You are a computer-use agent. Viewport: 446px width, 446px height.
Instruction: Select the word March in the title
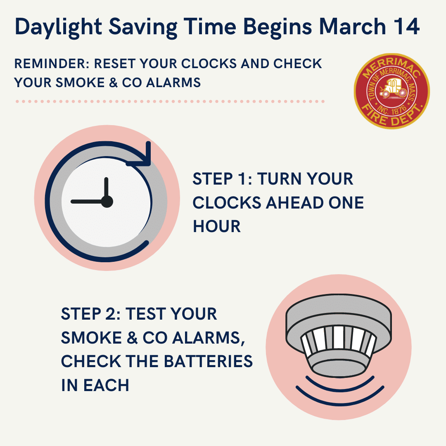coord(352,26)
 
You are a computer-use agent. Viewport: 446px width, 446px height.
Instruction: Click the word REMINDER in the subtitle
coord(52,64)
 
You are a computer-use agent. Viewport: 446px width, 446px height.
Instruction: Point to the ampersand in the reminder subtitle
coord(113,83)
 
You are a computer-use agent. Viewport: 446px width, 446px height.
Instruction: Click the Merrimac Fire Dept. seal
coord(391,91)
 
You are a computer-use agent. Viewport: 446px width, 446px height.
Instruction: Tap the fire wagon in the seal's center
coord(394,88)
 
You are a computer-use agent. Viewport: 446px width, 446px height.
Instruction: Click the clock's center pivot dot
coord(107,202)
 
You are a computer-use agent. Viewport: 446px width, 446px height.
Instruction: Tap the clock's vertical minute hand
coord(107,189)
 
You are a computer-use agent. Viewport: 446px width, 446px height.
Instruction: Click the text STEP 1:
coord(222,179)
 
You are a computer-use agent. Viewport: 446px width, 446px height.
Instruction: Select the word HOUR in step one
coord(217,226)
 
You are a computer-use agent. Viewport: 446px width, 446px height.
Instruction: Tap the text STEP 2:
coord(91,314)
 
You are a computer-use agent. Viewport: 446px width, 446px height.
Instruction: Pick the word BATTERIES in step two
coord(208,361)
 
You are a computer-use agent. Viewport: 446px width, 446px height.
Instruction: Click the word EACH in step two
coord(106,385)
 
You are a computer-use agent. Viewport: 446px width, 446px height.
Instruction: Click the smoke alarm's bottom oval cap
coord(339,369)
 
